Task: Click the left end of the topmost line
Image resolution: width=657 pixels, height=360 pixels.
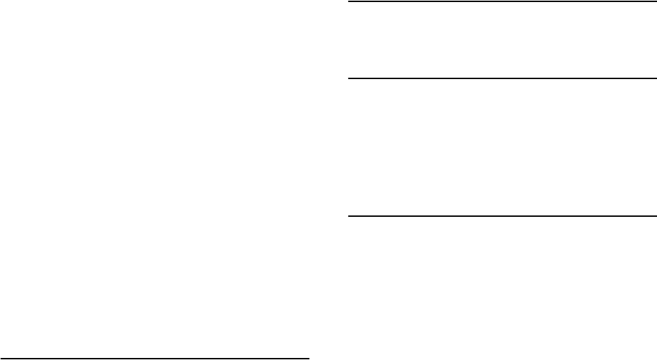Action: point(350,2)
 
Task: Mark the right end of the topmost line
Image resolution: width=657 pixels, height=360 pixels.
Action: point(652,2)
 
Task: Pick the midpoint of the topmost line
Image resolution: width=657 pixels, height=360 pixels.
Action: point(501,2)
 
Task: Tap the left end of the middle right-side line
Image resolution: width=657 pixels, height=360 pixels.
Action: point(350,78)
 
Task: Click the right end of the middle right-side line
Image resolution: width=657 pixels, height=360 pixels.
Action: point(652,78)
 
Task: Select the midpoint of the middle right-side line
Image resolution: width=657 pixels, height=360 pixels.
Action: point(501,78)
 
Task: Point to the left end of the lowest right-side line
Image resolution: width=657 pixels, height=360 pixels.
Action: point(350,217)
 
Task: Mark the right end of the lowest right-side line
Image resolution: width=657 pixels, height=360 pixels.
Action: point(652,217)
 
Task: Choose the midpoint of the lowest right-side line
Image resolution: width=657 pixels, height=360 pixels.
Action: point(501,217)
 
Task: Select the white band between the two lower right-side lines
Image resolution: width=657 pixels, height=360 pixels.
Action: point(501,148)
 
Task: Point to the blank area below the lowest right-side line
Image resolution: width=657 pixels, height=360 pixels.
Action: point(501,286)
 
